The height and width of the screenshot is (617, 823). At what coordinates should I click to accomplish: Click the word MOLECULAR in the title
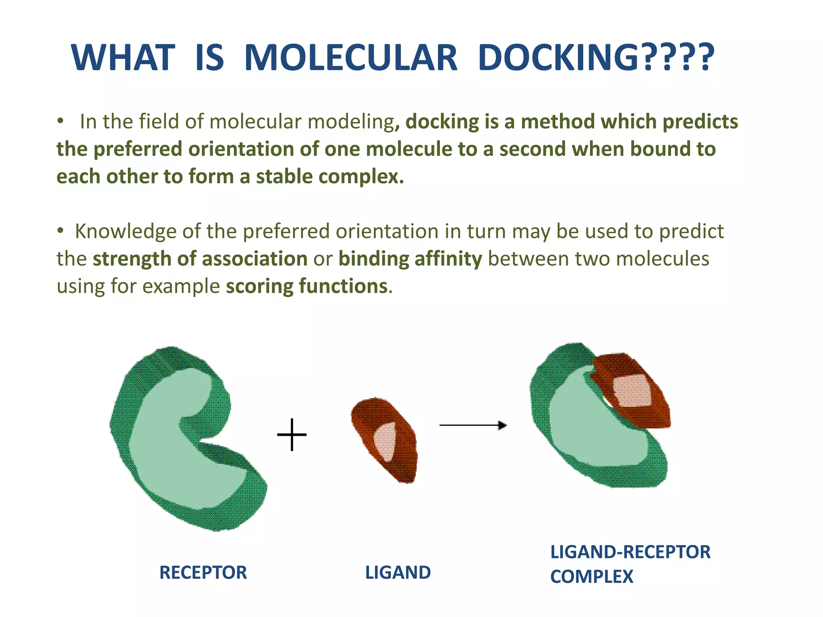(x=350, y=58)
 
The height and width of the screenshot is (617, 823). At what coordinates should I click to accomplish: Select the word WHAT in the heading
(x=123, y=58)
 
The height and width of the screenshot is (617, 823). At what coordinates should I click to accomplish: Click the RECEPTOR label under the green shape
(x=203, y=572)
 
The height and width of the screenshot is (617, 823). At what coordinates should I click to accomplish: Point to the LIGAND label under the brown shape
(x=398, y=572)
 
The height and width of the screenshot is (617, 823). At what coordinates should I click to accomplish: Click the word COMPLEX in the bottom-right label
(x=592, y=577)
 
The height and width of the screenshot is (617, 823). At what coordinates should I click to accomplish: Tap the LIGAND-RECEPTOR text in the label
(x=630, y=552)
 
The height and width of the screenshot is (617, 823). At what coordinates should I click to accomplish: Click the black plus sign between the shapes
(x=292, y=435)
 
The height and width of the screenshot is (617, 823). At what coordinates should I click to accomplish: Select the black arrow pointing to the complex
(x=473, y=425)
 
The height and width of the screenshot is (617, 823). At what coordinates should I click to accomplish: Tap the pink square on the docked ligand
(x=632, y=391)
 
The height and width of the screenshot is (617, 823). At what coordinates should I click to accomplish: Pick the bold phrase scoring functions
(x=307, y=286)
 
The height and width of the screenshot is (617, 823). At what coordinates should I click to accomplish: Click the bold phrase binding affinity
(x=410, y=259)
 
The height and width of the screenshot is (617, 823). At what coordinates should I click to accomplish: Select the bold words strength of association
(x=200, y=259)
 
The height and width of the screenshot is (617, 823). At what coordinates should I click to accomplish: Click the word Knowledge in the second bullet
(x=125, y=232)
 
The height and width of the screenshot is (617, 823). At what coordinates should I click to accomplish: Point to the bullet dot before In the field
(x=60, y=121)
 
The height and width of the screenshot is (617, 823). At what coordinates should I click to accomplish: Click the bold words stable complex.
(x=330, y=177)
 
